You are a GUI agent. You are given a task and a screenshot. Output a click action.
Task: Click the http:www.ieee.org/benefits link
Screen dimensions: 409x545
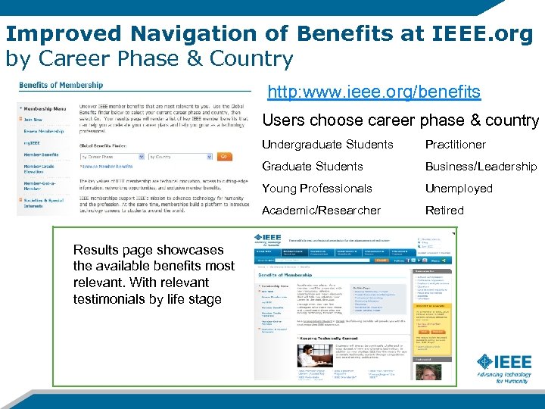click(x=375, y=92)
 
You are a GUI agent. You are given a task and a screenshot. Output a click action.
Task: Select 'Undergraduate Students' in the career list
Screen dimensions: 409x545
click(x=328, y=145)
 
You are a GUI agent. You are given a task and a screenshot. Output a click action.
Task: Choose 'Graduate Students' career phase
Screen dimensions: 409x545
click(x=313, y=167)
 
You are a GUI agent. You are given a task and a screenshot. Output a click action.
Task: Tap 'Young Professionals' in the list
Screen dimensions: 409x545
click(x=317, y=189)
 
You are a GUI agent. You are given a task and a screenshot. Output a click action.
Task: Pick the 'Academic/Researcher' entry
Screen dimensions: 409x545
click(x=322, y=211)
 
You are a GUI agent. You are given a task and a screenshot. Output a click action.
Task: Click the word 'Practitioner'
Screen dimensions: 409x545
click(x=456, y=145)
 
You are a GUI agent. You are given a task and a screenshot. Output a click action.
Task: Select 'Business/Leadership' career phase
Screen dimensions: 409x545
click(x=481, y=167)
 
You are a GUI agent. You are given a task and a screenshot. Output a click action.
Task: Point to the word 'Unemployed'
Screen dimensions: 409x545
click(x=459, y=189)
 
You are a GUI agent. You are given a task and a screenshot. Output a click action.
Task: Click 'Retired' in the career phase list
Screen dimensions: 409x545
click(x=444, y=211)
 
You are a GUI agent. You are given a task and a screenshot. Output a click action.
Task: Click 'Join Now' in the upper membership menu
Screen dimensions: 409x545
click(x=33, y=120)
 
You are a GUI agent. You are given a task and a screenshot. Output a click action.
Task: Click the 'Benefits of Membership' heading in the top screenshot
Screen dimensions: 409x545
click(x=61, y=85)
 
